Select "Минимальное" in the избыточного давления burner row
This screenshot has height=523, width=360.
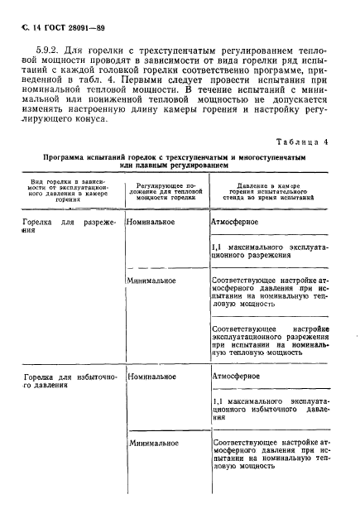pyautogui.click(x=154, y=444)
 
